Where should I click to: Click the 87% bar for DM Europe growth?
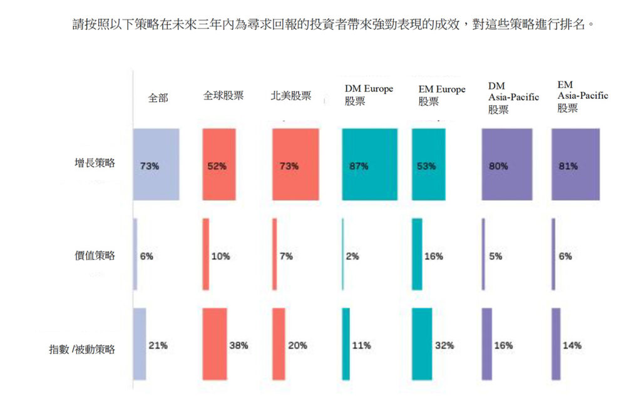(370, 165)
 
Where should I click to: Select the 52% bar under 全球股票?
(219, 165)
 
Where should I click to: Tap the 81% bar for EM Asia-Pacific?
(575, 165)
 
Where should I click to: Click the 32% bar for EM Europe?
(422, 344)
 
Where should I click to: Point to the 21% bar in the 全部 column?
(140, 344)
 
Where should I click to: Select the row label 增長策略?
(95, 163)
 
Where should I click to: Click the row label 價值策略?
(95, 255)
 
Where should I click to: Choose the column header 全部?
(158, 98)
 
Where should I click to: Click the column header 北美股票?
(290, 96)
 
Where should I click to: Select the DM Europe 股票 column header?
(369, 94)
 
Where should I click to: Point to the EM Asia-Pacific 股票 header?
(582, 96)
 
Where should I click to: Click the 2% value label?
(352, 256)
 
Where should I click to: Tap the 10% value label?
(220, 256)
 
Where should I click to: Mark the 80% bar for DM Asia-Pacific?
(507, 165)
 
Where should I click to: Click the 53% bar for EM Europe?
(429, 165)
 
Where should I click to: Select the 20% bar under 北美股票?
(279, 344)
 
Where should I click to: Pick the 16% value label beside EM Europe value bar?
(433, 256)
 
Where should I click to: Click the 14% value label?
(572, 345)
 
